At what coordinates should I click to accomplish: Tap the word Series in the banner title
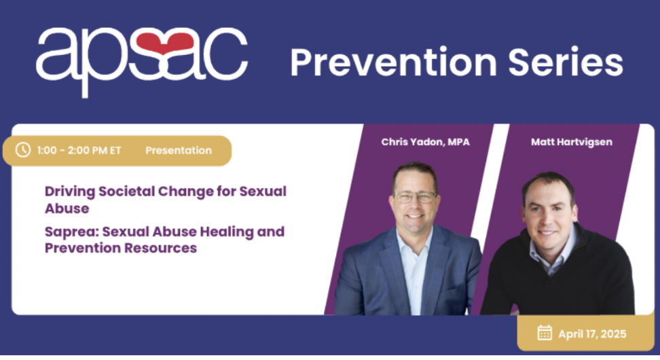pyautogui.click(x=566, y=62)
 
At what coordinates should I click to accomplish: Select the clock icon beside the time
pyautogui.click(x=23, y=150)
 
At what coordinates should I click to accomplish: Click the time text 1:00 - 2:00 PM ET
pyautogui.click(x=79, y=150)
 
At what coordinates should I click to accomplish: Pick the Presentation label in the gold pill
pyautogui.click(x=179, y=150)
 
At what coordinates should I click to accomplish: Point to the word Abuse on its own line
pyautogui.click(x=67, y=209)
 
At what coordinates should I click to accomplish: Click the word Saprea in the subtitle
pyautogui.click(x=71, y=232)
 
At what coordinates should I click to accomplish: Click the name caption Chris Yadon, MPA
pyautogui.click(x=425, y=142)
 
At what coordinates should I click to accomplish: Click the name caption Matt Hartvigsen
pyautogui.click(x=572, y=142)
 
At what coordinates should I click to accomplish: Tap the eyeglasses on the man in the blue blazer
pyautogui.click(x=415, y=197)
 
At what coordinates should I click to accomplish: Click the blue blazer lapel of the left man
pyautogui.click(x=389, y=266)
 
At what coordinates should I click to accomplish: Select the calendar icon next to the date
pyautogui.click(x=545, y=333)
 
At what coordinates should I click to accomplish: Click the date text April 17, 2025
pyautogui.click(x=592, y=334)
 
